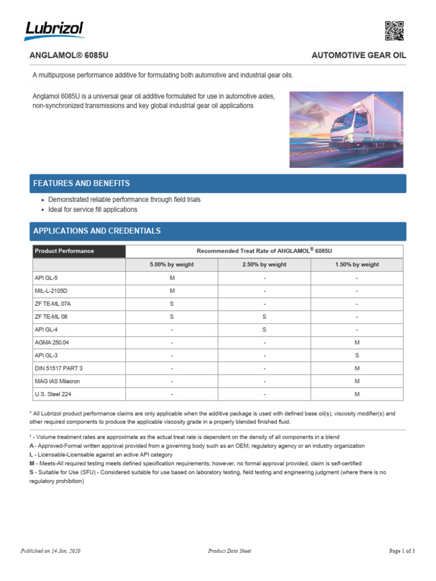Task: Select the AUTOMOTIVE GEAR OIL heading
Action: coord(359,56)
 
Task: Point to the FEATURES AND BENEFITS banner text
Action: coord(81,183)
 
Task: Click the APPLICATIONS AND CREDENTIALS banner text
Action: coord(97,231)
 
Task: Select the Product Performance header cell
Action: coord(64,251)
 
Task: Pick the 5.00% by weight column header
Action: coord(171,264)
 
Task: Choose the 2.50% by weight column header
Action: coord(264,264)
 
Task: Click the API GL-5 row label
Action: coord(47,278)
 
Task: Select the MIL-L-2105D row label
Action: coord(51,291)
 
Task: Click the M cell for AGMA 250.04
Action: coord(357,342)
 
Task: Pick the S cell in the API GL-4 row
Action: coord(264,329)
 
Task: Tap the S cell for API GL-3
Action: coord(357,355)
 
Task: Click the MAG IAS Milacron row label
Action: coord(57,381)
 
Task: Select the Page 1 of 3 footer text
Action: coord(401,551)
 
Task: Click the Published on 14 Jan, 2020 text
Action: coord(51,551)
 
